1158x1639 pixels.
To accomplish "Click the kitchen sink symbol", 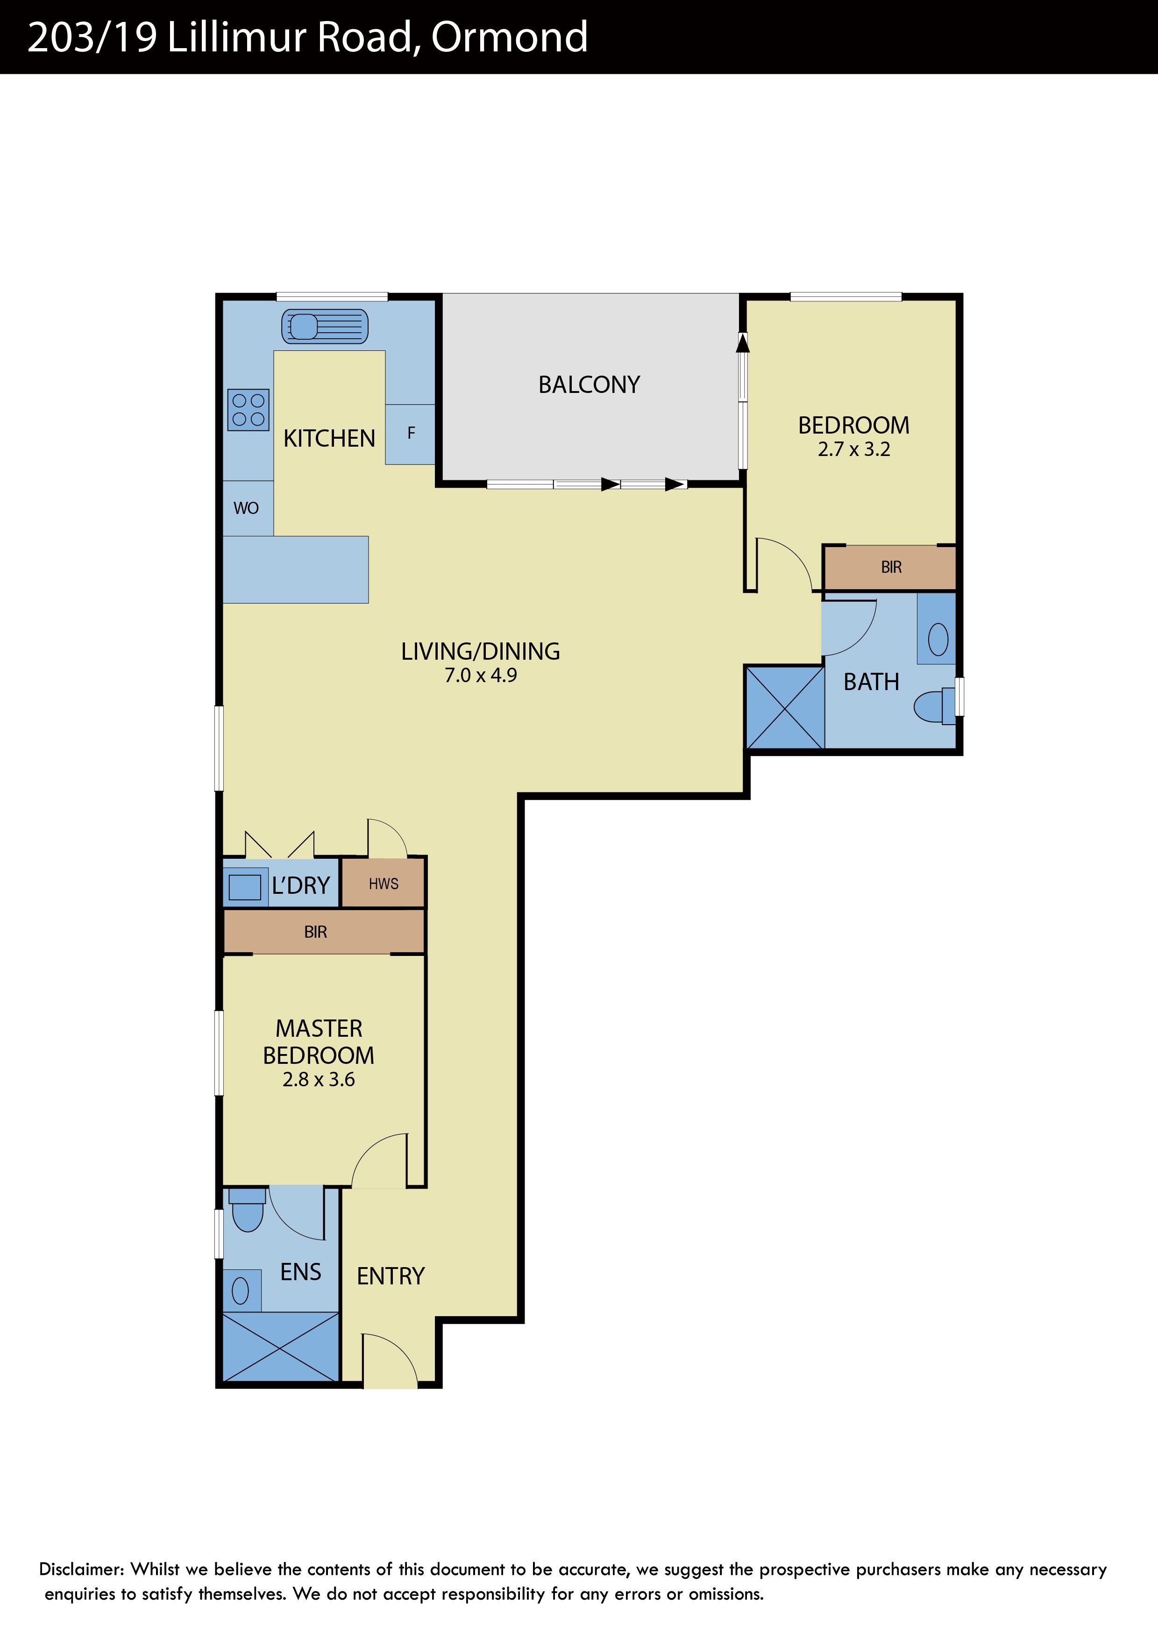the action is click(325, 326).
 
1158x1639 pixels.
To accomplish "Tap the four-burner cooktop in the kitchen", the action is click(249, 410).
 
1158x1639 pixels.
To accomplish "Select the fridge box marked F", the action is click(410, 434).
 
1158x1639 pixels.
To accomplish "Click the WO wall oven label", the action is click(246, 508).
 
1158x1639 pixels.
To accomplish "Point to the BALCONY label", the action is click(590, 385).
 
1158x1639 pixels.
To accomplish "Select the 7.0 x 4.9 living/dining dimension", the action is click(481, 675).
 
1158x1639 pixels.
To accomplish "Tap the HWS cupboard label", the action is click(384, 884).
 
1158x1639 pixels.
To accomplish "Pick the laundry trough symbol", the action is click(245, 887).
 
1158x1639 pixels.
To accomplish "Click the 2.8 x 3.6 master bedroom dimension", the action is click(319, 1079).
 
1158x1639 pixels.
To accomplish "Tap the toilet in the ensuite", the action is click(248, 1209).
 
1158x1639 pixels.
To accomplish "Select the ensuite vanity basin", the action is click(241, 1290).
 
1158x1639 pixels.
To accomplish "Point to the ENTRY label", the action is click(391, 1276).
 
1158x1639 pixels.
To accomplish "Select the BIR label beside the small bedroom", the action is click(891, 567).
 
